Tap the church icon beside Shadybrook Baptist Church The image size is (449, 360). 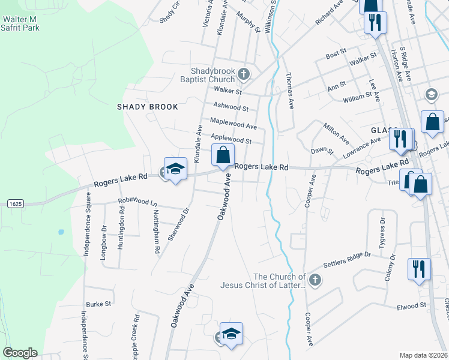pyautogui.click(x=243, y=74)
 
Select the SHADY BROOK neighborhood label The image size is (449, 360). pyautogui.click(x=148, y=107)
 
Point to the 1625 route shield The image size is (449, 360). pyautogui.click(x=16, y=204)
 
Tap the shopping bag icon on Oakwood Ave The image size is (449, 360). pyautogui.click(x=223, y=155)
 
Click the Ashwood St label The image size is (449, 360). pyautogui.click(x=231, y=107)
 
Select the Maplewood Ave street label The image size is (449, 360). pyautogui.click(x=233, y=124)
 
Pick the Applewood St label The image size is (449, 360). pyautogui.click(x=231, y=140)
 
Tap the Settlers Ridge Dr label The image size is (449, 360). pyautogui.click(x=347, y=259)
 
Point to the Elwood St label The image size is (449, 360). pyautogui.click(x=411, y=307)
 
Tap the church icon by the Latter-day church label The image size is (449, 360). pyautogui.click(x=315, y=280)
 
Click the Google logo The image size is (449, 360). pyautogui.click(x=20, y=353)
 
